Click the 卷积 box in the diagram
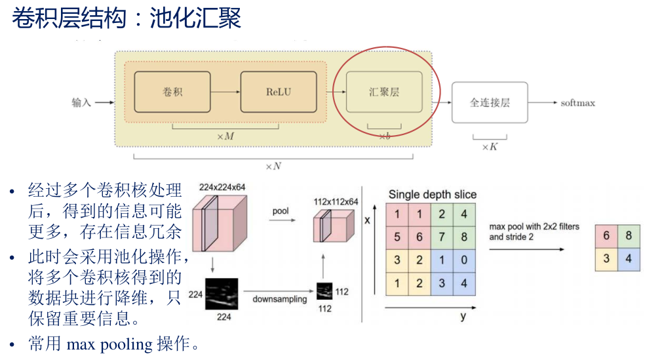(172, 91)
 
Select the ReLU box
(279, 91)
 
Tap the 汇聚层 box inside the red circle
(384, 91)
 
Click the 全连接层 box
(490, 102)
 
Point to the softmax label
(577, 103)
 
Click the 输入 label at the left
(81, 103)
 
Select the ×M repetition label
(225, 135)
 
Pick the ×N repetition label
(273, 166)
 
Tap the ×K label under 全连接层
(490, 147)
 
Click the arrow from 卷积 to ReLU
(225, 91)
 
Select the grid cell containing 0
(464, 260)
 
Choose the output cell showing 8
(629, 236)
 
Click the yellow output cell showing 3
(606, 259)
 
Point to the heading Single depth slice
(432, 195)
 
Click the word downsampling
(279, 299)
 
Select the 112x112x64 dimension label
(336, 201)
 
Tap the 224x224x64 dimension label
(222, 188)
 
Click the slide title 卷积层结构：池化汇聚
(127, 18)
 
